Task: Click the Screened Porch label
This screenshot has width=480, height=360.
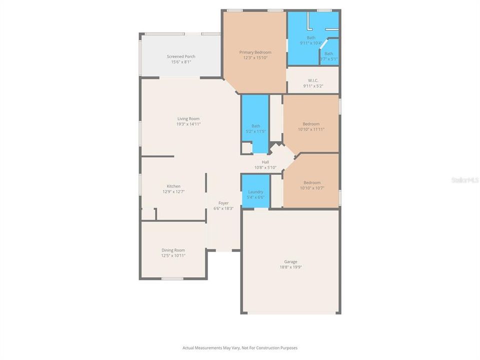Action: pyautogui.click(x=181, y=56)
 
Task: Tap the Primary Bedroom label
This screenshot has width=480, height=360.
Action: pyautogui.click(x=255, y=52)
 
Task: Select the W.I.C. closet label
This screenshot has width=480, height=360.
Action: pyautogui.click(x=313, y=80)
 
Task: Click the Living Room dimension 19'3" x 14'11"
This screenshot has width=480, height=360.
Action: pyautogui.click(x=188, y=124)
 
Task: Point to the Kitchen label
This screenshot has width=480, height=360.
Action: pyautogui.click(x=173, y=186)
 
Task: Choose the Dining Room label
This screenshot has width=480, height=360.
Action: pyautogui.click(x=173, y=250)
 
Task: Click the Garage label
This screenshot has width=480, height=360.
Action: pyautogui.click(x=291, y=261)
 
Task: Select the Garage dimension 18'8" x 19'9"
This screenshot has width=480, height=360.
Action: pyautogui.click(x=291, y=267)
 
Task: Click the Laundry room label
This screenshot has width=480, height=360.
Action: pyautogui.click(x=255, y=191)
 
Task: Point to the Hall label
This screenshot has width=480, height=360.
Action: pyautogui.click(x=265, y=162)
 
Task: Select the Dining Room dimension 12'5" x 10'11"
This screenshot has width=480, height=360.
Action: pyautogui.click(x=173, y=255)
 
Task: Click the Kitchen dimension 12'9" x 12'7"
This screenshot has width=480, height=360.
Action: pyautogui.click(x=173, y=191)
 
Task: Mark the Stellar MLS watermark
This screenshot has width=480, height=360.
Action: pyautogui.click(x=464, y=179)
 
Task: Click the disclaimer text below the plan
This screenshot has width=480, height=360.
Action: pyautogui.click(x=240, y=347)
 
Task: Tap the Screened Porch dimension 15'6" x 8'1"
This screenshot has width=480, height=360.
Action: pyautogui.click(x=181, y=62)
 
